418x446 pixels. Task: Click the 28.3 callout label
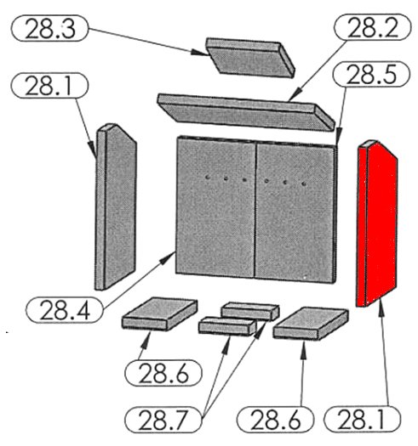coord(49,28)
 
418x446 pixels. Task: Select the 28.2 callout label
coord(372,27)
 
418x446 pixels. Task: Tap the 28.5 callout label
coord(371,74)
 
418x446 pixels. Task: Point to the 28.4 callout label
coord(65,310)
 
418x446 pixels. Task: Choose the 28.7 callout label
coord(163,420)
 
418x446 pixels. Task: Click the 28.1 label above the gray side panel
coord(49,86)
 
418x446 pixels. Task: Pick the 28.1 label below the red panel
coord(362,420)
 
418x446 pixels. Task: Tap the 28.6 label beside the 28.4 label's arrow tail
coord(163,373)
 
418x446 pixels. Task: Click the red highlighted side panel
coord(376,223)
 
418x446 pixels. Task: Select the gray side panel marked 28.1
coord(116,206)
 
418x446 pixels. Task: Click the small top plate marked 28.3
coord(250,58)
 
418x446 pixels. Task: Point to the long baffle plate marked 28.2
coord(246,112)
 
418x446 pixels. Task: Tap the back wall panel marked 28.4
coord(215,206)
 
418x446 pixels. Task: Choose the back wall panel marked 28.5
coord(295,212)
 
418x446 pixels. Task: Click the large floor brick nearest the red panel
coord(310,323)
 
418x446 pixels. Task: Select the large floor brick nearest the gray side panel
coord(160,314)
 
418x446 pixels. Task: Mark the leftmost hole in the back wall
coord(208,178)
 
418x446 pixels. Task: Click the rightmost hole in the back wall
coord(304,183)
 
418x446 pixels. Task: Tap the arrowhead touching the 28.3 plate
coord(198,53)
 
